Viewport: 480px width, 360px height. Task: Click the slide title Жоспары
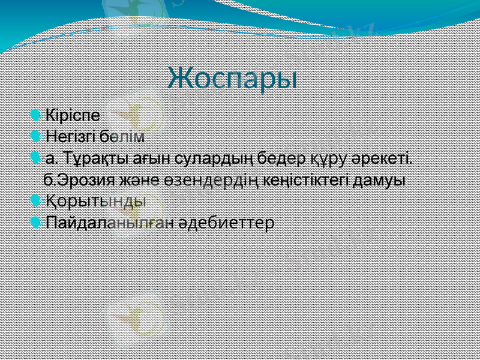tap(233, 79)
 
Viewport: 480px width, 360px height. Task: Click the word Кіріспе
tap(73, 113)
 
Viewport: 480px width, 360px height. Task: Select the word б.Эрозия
tap(80, 179)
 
